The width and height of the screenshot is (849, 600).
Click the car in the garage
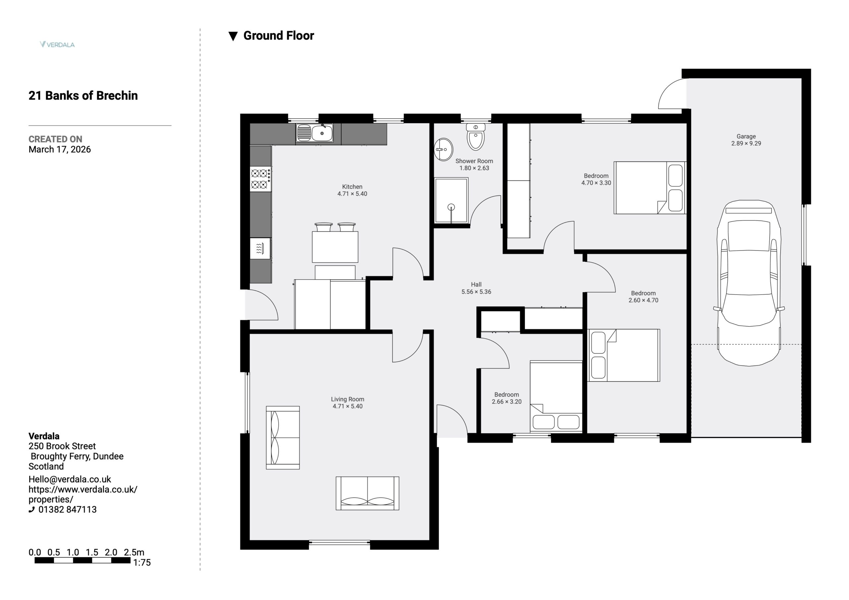pyautogui.click(x=749, y=283)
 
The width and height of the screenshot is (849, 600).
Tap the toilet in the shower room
pyautogui.click(x=476, y=137)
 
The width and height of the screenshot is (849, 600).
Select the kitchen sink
pyautogui.click(x=314, y=133)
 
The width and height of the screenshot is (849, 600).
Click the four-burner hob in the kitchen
pyautogui.click(x=260, y=179)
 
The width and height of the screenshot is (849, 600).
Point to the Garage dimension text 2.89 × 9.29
pyautogui.click(x=746, y=144)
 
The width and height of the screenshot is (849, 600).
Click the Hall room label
pyautogui.click(x=476, y=285)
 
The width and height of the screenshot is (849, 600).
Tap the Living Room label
pyautogui.click(x=348, y=399)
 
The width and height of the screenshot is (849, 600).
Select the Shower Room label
pyautogui.click(x=474, y=161)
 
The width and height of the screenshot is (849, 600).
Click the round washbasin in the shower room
pyautogui.click(x=443, y=150)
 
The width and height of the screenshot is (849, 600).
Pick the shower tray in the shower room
pyautogui.click(x=451, y=200)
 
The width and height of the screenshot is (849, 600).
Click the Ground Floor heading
pyautogui.click(x=279, y=35)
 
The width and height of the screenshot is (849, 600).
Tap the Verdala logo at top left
pyautogui.click(x=57, y=44)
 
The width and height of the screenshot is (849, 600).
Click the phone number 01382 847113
pyautogui.click(x=67, y=509)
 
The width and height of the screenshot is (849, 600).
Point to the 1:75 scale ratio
pyautogui.click(x=142, y=562)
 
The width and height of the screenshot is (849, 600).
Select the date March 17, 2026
pyautogui.click(x=60, y=150)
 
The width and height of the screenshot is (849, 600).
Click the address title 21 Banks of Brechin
pyautogui.click(x=83, y=96)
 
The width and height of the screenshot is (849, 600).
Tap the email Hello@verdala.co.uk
pyautogui.click(x=70, y=479)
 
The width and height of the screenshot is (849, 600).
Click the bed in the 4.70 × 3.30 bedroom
pyautogui.click(x=650, y=187)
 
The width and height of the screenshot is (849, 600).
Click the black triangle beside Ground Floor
pyautogui.click(x=233, y=36)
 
